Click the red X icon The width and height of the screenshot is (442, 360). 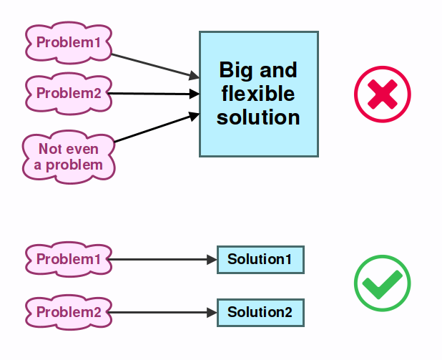coord(383,94)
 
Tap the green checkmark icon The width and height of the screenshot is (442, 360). coord(383,283)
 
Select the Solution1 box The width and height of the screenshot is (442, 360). coord(260,259)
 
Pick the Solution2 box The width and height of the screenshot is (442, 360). coord(260,312)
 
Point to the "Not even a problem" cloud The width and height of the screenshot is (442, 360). coord(69,157)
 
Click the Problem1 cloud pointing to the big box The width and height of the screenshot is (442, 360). coord(69,43)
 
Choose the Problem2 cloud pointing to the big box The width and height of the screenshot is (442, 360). coord(69,93)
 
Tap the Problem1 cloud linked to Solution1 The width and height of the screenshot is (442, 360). coord(69,259)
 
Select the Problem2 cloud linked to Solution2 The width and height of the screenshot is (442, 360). coord(69,312)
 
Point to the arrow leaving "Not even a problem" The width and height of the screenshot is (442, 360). coord(154,127)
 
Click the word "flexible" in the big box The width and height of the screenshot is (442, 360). coord(258,94)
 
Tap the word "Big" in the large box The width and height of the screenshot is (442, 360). coord(234,71)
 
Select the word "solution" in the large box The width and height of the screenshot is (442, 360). coord(258,117)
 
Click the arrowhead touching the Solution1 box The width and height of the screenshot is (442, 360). coord(212,259)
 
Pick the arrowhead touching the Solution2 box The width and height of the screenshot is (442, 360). coord(212,312)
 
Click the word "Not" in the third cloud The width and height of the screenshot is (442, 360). coord(50,149)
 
